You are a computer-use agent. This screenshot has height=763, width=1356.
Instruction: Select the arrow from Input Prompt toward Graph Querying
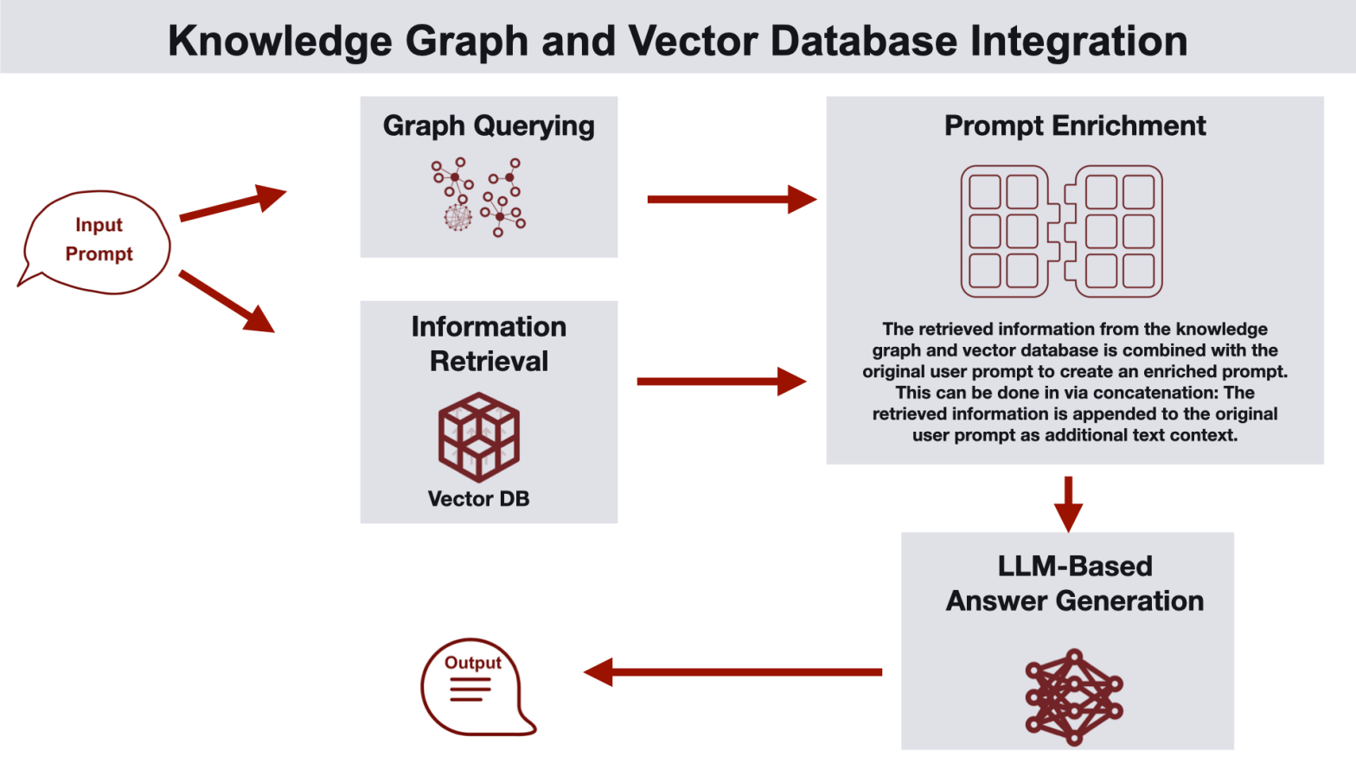(x=232, y=204)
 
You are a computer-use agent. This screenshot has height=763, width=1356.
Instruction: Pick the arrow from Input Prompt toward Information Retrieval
(x=227, y=301)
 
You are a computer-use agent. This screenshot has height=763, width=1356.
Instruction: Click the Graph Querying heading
(x=489, y=126)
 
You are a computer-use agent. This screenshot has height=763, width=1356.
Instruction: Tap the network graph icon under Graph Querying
(x=478, y=197)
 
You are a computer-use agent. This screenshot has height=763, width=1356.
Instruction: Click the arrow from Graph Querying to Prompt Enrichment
(x=731, y=200)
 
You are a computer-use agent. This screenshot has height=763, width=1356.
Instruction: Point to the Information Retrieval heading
(x=489, y=343)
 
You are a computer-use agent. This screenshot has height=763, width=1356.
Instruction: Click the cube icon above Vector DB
(x=479, y=437)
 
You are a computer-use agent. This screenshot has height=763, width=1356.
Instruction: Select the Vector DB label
(x=478, y=499)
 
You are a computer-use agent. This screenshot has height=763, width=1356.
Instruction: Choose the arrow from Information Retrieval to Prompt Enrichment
(x=720, y=381)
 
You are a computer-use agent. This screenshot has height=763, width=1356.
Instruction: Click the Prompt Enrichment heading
(x=1074, y=126)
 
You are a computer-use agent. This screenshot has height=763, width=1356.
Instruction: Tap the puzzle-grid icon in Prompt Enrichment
(x=1061, y=232)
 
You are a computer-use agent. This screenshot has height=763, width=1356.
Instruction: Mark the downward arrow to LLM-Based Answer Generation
(x=1068, y=503)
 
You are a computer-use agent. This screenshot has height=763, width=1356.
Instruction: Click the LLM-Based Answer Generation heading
(x=1074, y=584)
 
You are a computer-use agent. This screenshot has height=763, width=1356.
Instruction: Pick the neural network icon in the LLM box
(x=1073, y=697)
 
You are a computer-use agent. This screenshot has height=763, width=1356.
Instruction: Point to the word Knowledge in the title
(x=279, y=41)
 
